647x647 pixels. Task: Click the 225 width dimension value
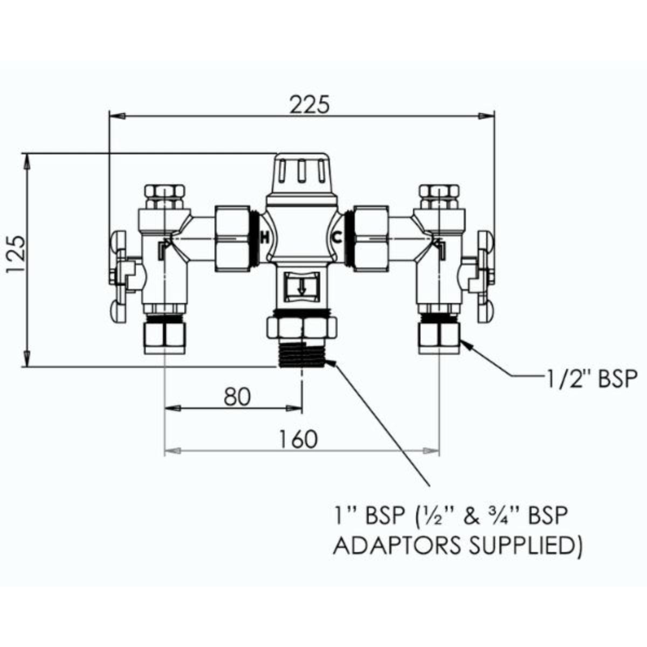click(x=308, y=105)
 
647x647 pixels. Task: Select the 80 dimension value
click(x=237, y=397)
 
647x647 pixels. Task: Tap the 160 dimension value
click(x=298, y=439)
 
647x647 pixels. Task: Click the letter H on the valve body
click(x=265, y=237)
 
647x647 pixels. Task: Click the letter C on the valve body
click(x=336, y=237)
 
